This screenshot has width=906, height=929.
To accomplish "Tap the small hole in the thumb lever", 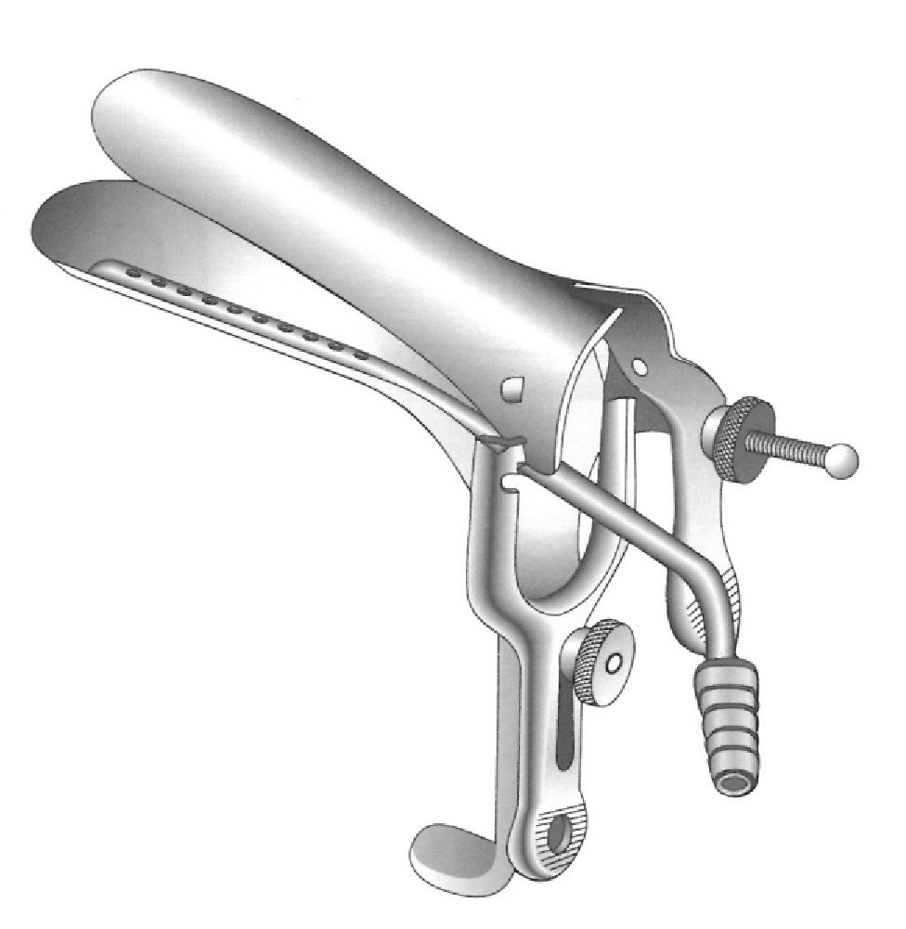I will (x=640, y=368).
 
